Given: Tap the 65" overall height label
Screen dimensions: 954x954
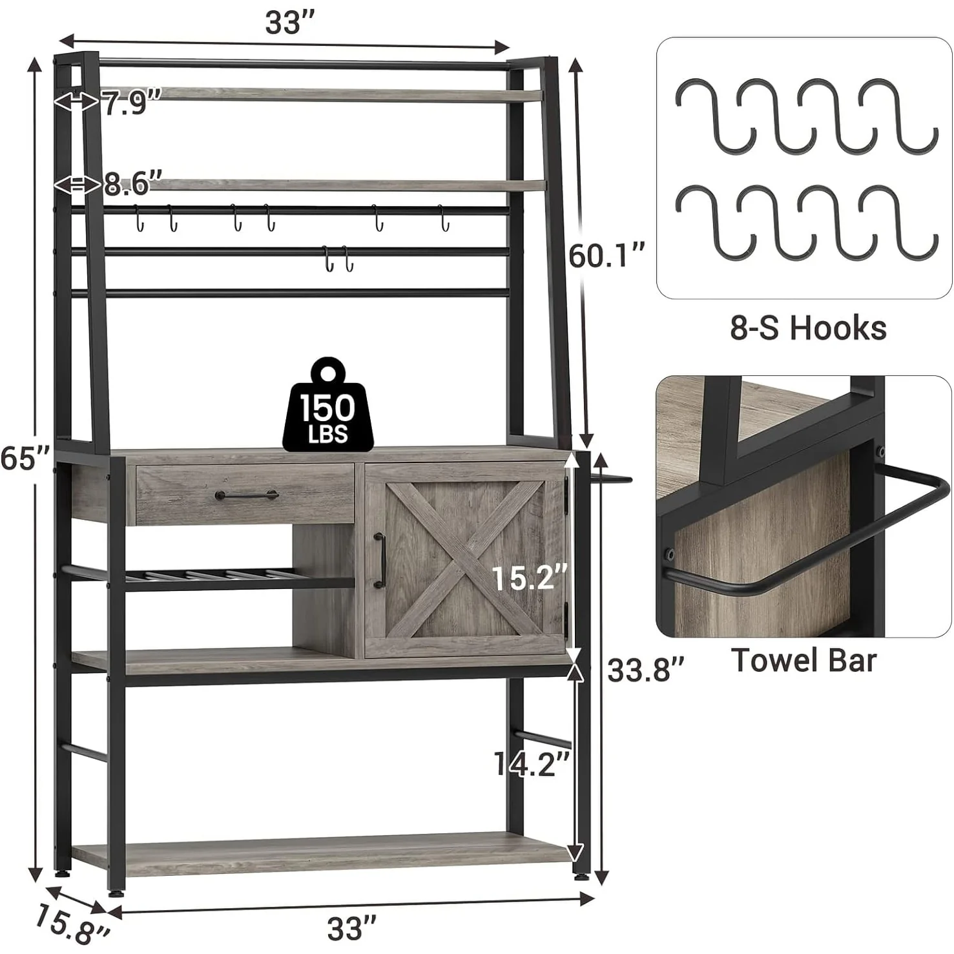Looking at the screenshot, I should (x=25, y=458).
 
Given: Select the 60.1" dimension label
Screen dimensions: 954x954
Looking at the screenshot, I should (x=607, y=256).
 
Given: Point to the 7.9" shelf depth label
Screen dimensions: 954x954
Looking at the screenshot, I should (x=132, y=103).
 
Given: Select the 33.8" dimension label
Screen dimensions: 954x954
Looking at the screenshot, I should (x=645, y=670).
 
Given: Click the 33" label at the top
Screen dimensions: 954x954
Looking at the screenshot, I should (x=290, y=23).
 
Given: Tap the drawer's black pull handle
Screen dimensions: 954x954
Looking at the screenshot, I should (x=247, y=496).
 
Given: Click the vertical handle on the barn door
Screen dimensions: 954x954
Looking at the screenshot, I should (x=380, y=561).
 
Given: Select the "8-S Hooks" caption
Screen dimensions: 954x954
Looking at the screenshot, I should (x=808, y=328).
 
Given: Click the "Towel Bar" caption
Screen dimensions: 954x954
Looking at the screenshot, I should (x=804, y=661).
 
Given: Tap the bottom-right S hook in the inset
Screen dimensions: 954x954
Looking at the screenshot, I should (x=900, y=223).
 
